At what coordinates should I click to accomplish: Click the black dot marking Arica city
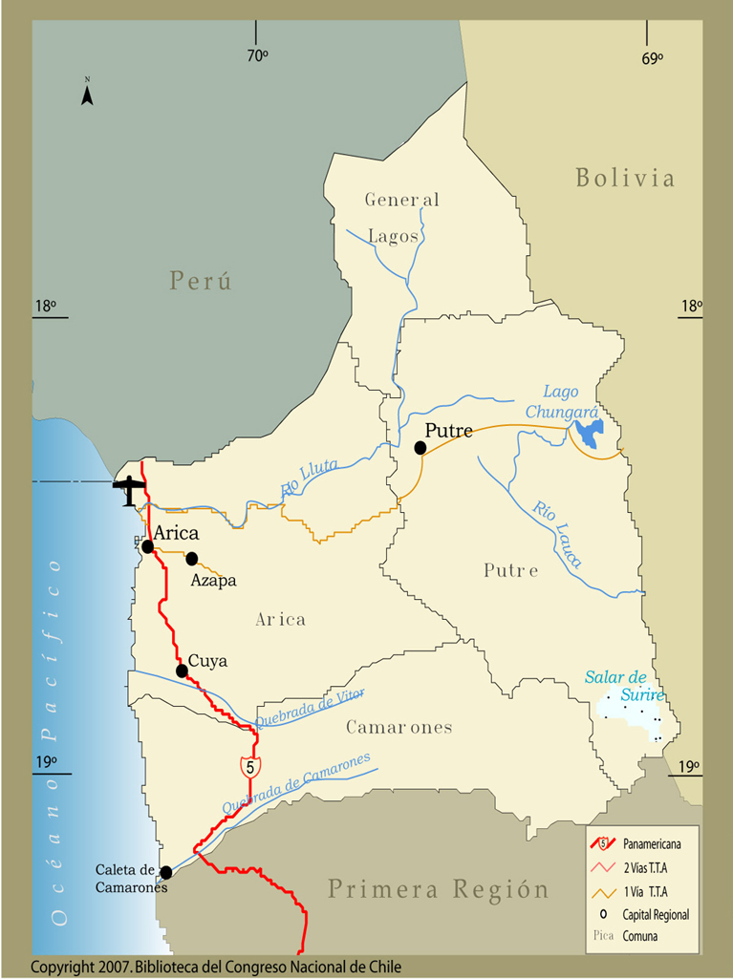tap(148, 546)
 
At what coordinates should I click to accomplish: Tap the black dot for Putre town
tap(420, 448)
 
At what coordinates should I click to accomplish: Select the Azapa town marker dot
tap(192, 559)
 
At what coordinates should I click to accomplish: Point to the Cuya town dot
tap(182, 671)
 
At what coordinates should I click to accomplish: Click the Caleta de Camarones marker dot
tap(166, 872)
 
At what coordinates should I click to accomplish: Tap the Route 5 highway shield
tap(249, 766)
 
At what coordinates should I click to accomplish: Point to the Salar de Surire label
tap(624, 686)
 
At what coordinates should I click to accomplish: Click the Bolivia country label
tap(625, 178)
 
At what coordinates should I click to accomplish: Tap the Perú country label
tap(201, 281)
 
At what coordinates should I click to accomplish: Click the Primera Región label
tap(439, 890)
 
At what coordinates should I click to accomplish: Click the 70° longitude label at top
tap(257, 56)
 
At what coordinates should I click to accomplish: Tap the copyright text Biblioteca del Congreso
tap(216, 967)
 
